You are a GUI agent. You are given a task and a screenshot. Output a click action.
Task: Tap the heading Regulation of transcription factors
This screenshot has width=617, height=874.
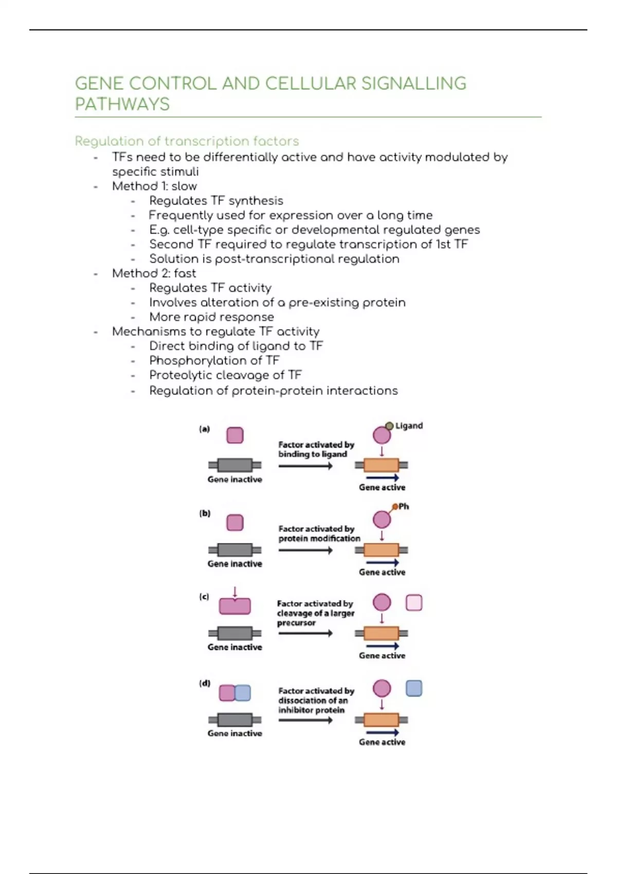click(x=187, y=141)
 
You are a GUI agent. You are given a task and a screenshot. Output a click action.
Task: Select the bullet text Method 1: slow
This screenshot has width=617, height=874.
click(x=154, y=186)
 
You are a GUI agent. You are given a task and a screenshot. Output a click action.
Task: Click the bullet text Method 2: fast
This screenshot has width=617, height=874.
click(x=154, y=273)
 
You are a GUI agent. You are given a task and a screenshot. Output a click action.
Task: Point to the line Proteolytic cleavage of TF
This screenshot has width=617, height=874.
click(x=225, y=375)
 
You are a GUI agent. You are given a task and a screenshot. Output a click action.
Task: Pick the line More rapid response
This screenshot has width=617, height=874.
click(x=211, y=317)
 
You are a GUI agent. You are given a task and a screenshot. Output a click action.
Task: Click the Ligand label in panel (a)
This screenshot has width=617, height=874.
click(x=409, y=426)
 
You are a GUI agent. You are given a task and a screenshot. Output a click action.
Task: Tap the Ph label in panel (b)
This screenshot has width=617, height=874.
click(x=404, y=506)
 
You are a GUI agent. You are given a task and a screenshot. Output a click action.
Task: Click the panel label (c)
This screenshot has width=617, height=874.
click(x=204, y=596)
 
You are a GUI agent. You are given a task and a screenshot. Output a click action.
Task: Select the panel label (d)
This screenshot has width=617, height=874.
click(x=205, y=683)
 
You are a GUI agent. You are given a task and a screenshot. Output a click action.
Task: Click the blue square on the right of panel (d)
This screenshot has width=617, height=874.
click(x=414, y=688)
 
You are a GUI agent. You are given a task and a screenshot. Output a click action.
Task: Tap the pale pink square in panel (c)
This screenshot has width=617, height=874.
click(x=414, y=603)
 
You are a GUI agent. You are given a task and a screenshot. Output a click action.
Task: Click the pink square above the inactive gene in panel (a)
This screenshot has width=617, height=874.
click(x=235, y=435)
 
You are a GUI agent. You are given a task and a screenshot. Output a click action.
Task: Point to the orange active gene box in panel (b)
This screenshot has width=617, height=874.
click(x=382, y=550)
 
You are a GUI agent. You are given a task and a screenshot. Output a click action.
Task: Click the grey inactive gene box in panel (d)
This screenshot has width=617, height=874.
click(x=235, y=720)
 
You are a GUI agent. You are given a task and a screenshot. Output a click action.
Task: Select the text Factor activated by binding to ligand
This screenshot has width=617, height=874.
click(x=316, y=449)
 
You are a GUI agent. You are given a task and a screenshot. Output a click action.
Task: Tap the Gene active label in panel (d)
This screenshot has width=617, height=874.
click(x=382, y=742)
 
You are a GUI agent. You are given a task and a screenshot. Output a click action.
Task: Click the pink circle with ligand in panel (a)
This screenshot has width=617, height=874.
click(x=382, y=435)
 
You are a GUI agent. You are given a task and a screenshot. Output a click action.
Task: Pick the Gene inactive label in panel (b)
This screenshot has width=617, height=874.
click(x=234, y=564)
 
